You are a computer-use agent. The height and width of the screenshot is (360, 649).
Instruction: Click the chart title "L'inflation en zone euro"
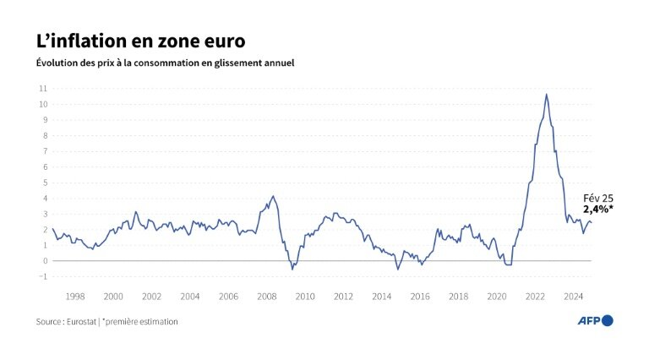click(x=141, y=41)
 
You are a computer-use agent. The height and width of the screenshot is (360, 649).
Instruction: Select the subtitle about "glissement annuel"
click(x=165, y=63)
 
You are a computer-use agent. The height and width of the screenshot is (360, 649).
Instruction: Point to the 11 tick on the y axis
click(x=42, y=88)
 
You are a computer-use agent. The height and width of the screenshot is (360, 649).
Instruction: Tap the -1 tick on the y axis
click(x=42, y=276)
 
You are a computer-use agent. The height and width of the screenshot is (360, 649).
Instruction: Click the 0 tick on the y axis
click(x=44, y=260)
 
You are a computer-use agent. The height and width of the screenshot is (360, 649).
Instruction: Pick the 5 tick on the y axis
click(x=44, y=183)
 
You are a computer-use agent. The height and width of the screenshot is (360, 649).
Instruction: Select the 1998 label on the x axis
click(x=74, y=297)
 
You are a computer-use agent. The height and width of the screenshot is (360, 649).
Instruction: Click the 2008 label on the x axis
click(x=266, y=297)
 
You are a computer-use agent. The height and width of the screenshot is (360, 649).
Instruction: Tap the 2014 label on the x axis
click(x=381, y=297)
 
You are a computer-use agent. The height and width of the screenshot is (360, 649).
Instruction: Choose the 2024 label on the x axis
click(x=573, y=297)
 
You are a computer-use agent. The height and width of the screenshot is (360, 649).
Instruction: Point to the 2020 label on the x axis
click(x=496, y=297)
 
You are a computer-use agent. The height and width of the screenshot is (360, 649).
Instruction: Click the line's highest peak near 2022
click(x=547, y=94)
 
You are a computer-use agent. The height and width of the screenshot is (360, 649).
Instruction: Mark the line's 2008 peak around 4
click(x=272, y=196)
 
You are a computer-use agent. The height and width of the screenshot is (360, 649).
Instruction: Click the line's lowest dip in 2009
click(x=292, y=269)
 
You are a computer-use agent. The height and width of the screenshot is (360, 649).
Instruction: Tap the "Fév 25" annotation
click(x=597, y=197)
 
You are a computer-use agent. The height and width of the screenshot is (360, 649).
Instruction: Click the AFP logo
click(x=594, y=320)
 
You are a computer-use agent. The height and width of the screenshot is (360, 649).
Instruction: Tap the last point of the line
click(x=591, y=222)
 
